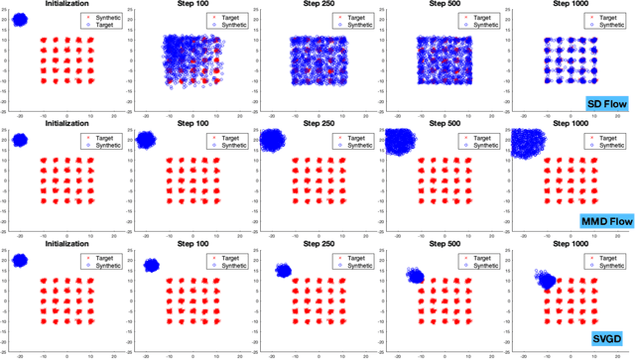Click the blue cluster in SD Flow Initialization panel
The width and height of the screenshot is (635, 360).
(19, 20)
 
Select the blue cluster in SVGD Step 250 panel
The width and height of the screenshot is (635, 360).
(284, 270)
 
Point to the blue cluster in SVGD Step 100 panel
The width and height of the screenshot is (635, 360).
(151, 265)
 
